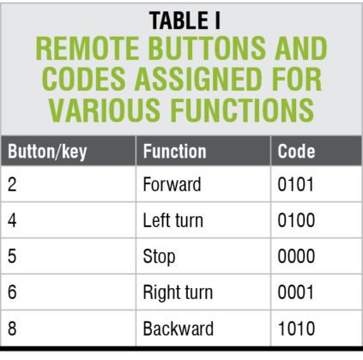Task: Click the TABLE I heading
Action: click(182, 21)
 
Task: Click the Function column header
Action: click(174, 152)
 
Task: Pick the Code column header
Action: click(297, 152)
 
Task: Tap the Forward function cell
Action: click(171, 183)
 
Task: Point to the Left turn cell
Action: click(172, 220)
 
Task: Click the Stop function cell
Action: click(159, 256)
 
